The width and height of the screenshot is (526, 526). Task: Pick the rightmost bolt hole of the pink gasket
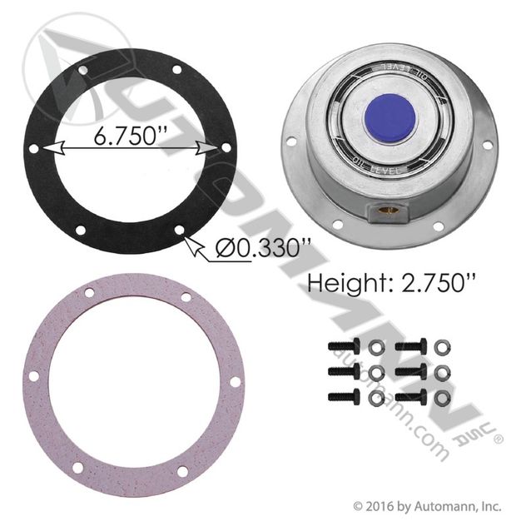[x=234, y=383]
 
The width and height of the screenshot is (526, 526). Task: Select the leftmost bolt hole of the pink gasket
[x=33, y=377]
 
